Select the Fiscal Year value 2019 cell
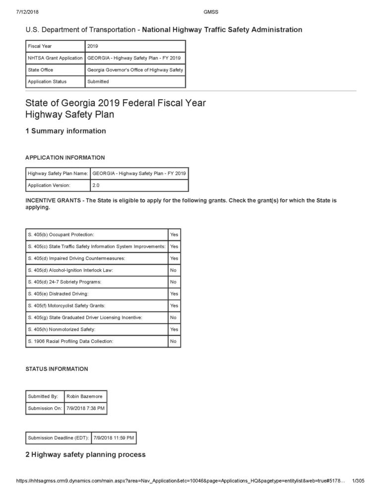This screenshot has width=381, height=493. coord(93,46)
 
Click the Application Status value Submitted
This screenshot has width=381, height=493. coord(98,81)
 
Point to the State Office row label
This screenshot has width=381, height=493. coord(41,69)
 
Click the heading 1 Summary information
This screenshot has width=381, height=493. coord(65,131)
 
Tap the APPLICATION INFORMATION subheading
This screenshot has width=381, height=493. coord(65,158)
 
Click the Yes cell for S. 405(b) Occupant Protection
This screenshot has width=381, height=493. coord(174,234)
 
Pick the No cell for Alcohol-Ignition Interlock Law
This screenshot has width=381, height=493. coord(174,270)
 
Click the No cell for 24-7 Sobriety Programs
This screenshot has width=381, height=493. coord(174,282)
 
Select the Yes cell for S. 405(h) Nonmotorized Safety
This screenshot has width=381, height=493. coord(174,329)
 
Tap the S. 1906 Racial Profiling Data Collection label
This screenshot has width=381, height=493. coord(70,341)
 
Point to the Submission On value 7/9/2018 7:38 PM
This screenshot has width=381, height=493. coord(85,408)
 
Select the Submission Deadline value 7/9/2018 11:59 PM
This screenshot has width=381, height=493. coord(114,438)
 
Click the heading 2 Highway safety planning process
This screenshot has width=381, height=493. coord(85,454)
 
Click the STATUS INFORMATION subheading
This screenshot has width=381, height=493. coord(57,369)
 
